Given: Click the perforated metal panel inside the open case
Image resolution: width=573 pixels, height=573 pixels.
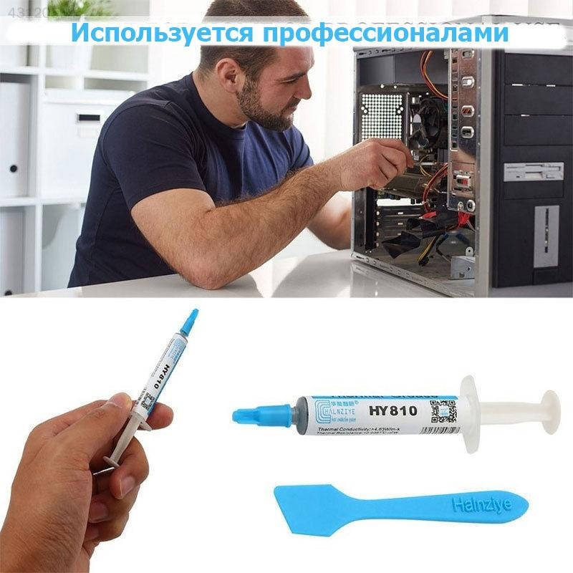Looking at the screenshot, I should click(x=383, y=115).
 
